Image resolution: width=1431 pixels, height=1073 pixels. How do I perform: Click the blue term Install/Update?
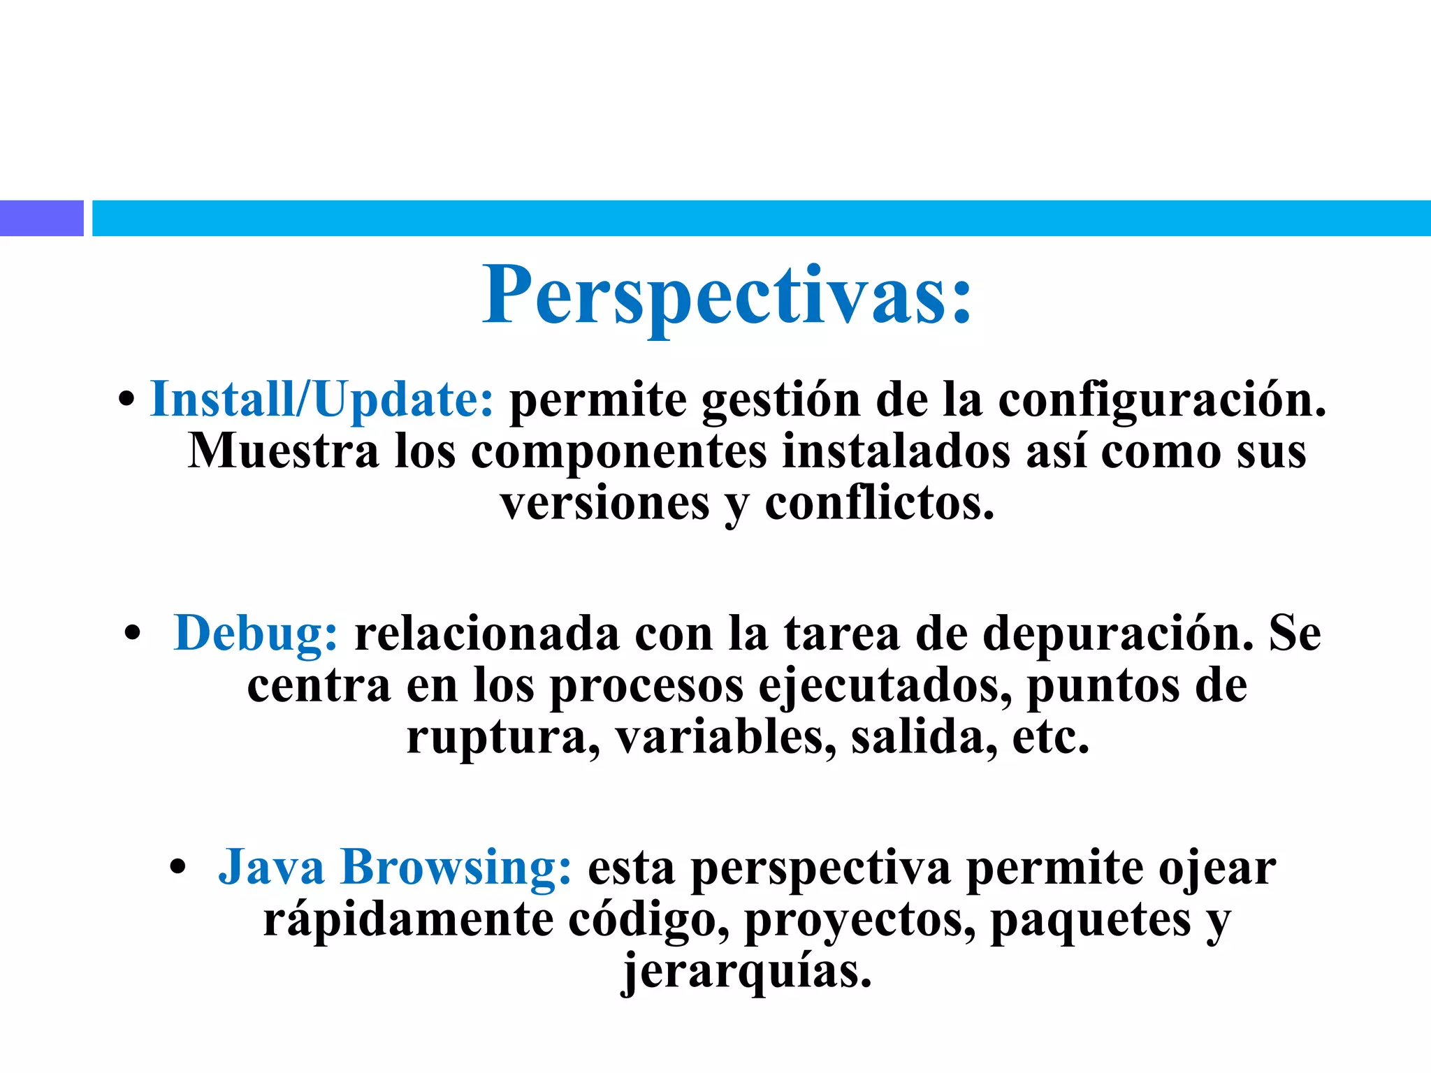pyautogui.click(x=322, y=400)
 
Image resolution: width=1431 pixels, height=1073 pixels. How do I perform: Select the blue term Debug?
pyautogui.click(x=256, y=634)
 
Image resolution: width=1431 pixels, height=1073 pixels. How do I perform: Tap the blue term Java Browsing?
pyautogui.click(x=395, y=867)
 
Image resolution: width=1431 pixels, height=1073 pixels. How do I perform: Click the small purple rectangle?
pyautogui.click(x=41, y=218)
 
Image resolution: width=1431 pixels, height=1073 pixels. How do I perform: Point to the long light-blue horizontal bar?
pyautogui.click(x=761, y=218)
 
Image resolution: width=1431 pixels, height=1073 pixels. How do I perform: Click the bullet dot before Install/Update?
pyautogui.click(x=126, y=400)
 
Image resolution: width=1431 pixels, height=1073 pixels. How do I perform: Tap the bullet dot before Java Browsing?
pyautogui.click(x=178, y=868)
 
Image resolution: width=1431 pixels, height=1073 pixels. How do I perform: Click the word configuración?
pyautogui.click(x=1161, y=400)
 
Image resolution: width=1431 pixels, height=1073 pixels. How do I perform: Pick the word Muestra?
pyautogui.click(x=283, y=451)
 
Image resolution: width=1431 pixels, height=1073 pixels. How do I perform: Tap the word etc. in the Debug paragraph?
pyautogui.click(x=1050, y=738)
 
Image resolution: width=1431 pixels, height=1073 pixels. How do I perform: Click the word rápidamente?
pyautogui.click(x=408, y=919)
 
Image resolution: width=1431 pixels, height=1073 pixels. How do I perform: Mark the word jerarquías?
pyautogui.click(x=747, y=972)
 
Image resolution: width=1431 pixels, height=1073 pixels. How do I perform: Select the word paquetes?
pyautogui.click(x=1091, y=921)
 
